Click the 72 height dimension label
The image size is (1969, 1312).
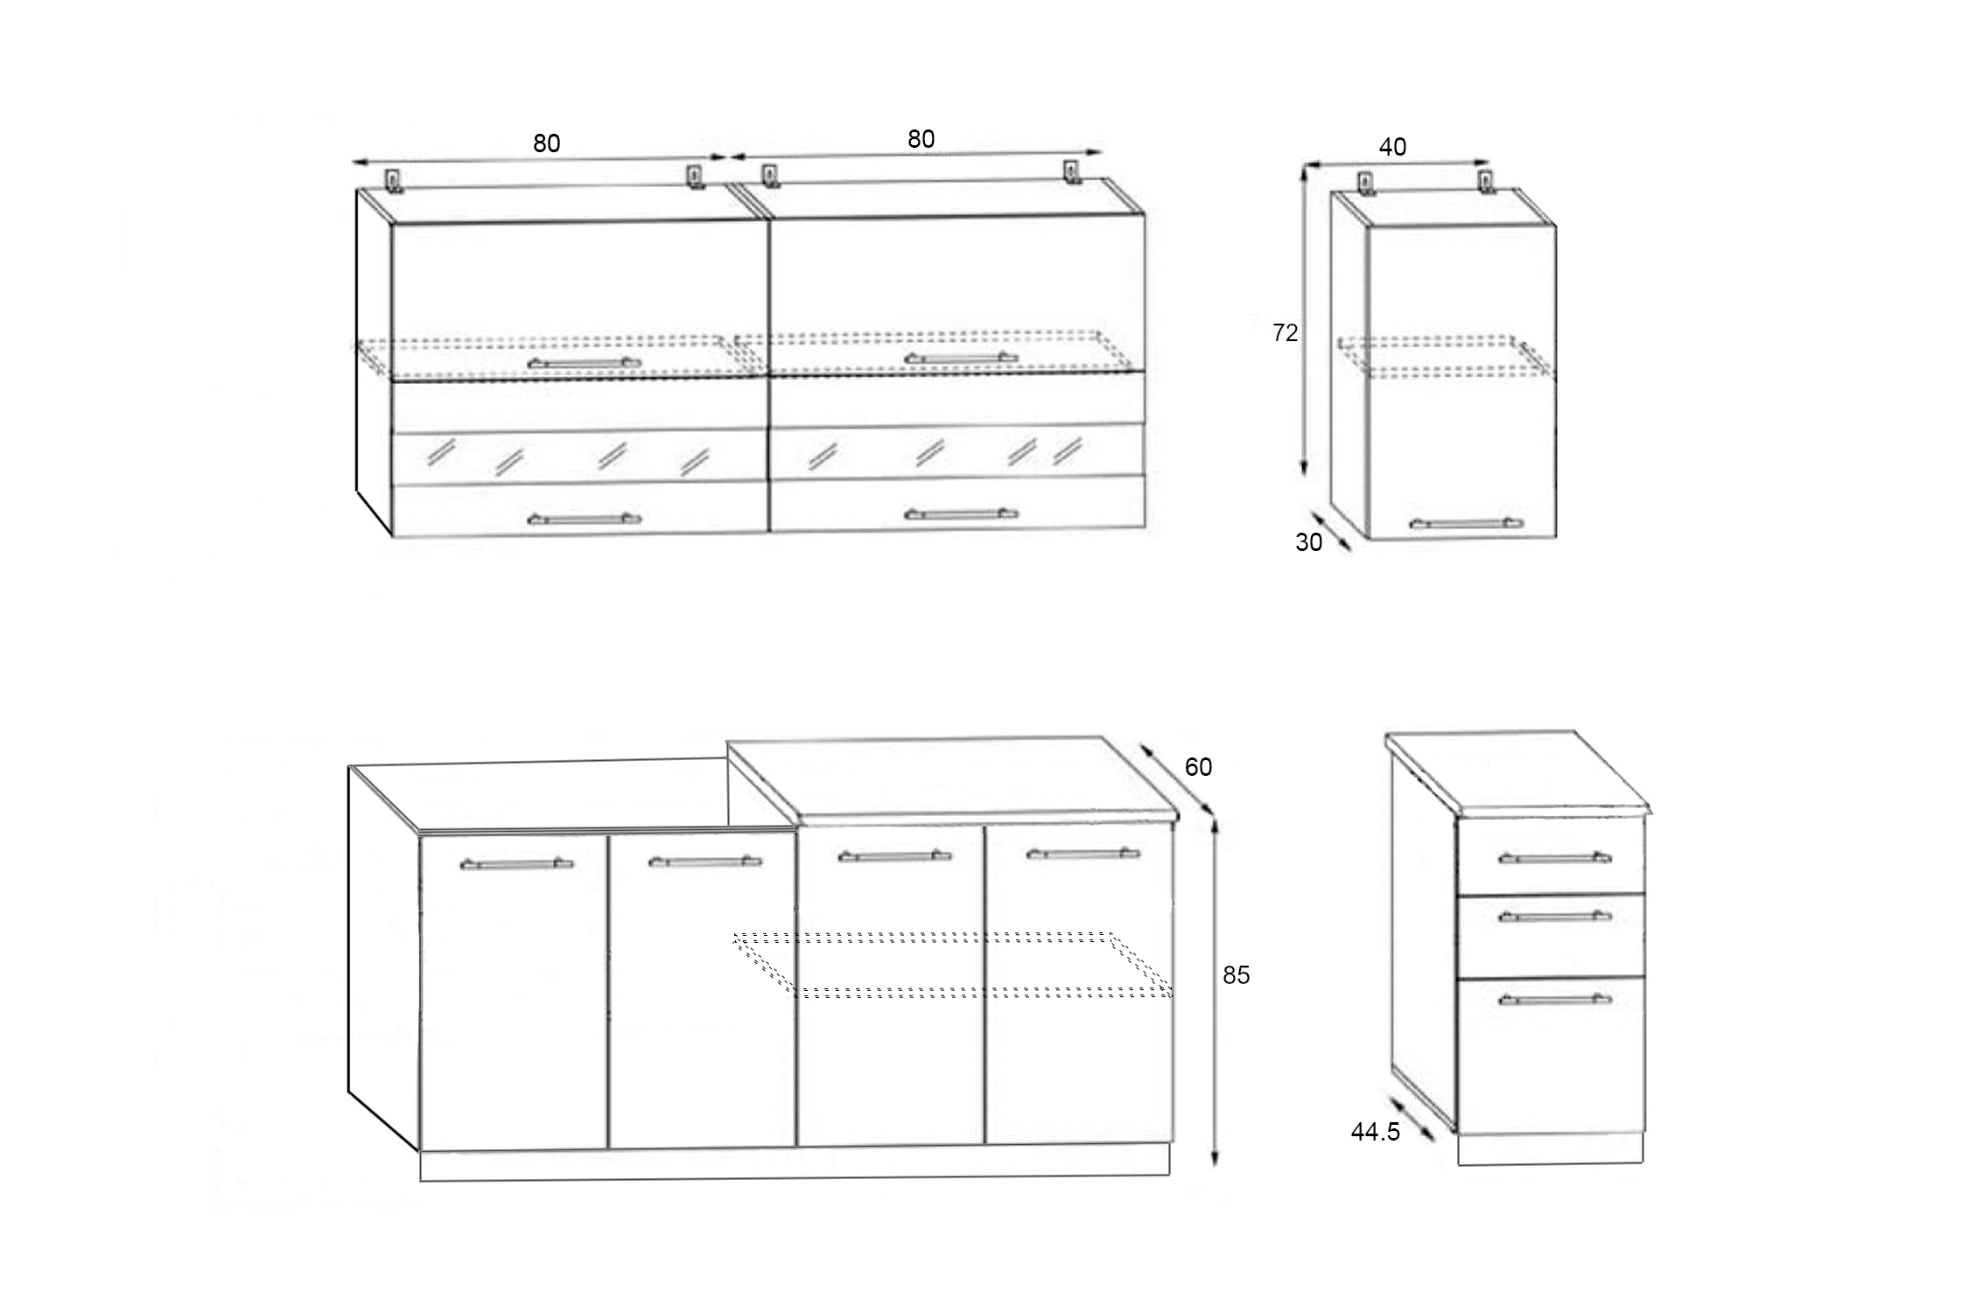(1285, 332)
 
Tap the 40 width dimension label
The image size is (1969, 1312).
(1392, 147)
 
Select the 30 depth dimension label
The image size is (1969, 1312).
(1308, 542)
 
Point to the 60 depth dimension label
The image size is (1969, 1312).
(1198, 767)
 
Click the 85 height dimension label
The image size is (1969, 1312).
(1236, 975)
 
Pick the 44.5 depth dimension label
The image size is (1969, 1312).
(1375, 1132)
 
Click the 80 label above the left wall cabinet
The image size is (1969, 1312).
(546, 143)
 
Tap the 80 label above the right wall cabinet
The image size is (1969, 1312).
(921, 139)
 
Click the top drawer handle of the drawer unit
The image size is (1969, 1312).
(1554, 857)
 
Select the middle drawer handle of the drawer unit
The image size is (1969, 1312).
(1554, 916)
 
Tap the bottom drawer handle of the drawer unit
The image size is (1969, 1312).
(1554, 999)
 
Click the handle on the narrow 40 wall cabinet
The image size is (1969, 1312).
(1466, 523)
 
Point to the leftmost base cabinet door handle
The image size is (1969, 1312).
(516, 864)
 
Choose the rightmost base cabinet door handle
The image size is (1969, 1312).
(1083, 853)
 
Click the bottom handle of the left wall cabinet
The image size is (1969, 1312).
(584, 519)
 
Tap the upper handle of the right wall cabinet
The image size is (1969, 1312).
(961, 358)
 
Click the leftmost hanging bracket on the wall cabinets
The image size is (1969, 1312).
(395, 180)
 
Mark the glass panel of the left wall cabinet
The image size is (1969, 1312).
(578, 457)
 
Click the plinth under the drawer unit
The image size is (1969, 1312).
(1550, 1149)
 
